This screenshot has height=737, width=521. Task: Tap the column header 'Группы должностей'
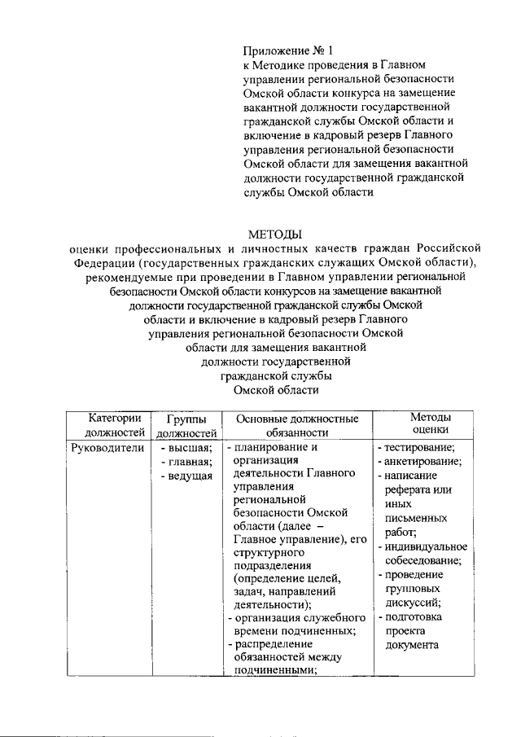point(186,426)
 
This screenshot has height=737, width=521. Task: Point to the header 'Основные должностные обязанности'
point(296,426)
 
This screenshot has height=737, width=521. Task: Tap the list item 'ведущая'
point(190,476)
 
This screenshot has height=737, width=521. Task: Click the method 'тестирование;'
point(419,447)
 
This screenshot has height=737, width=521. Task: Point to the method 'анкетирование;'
point(422,461)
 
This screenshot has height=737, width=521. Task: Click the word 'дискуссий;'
point(413,603)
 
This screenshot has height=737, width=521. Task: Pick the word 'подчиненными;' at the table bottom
point(274,670)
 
